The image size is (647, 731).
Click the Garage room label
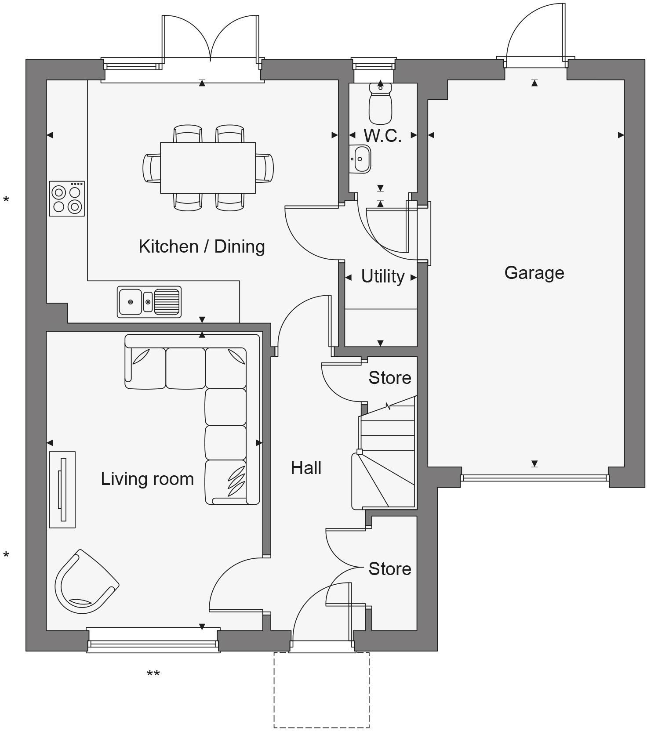coord(534,273)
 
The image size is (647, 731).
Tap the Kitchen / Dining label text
coord(202,246)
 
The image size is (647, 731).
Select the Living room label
coord(147,479)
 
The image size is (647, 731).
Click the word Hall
coord(306,468)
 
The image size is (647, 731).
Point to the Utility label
coord(382,277)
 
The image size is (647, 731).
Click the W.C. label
coord(382,136)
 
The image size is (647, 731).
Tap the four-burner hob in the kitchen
coord(67,199)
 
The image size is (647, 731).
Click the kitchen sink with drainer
coord(149,301)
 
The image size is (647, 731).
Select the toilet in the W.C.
coord(380,104)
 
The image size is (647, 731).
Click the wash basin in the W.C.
coord(360,159)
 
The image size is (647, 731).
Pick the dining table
coord(207,167)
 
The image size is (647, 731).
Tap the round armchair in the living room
coord(85,583)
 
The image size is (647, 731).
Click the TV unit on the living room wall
coord(62,489)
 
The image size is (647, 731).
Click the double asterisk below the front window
coord(153,673)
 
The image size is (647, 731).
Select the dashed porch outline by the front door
coord(321,690)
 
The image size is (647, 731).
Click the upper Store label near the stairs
coord(389,378)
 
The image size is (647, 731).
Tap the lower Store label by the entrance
coord(389,569)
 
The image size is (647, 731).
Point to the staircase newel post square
coord(360,452)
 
